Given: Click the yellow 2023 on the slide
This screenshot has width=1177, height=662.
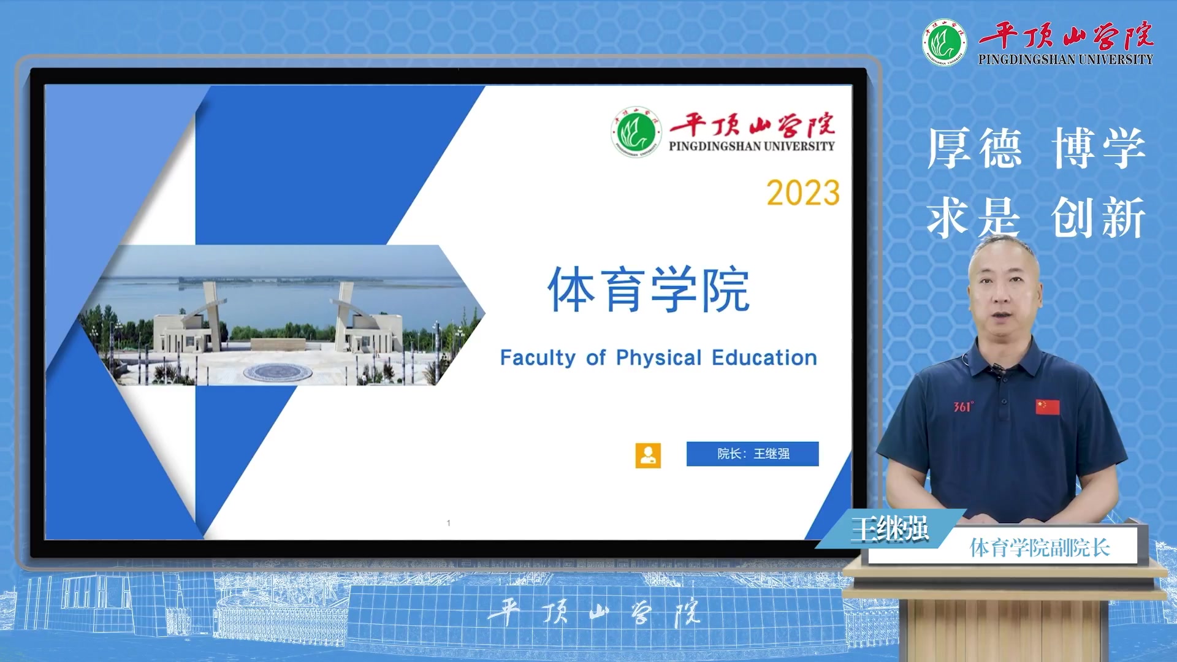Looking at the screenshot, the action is click(x=803, y=193).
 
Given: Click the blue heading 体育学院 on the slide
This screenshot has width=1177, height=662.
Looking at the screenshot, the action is click(x=649, y=289).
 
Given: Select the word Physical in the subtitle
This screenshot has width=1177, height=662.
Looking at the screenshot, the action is click(x=659, y=358).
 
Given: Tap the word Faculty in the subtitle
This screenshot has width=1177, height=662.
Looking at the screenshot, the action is click(x=538, y=358).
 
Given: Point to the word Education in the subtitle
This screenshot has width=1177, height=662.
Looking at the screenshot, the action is click(x=764, y=357).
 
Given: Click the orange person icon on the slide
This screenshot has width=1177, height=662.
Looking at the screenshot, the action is click(x=648, y=455).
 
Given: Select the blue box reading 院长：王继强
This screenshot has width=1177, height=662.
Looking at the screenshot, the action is click(x=753, y=454).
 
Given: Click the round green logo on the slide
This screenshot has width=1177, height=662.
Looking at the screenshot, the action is click(x=636, y=132).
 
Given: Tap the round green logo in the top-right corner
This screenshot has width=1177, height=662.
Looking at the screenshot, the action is click(x=945, y=42).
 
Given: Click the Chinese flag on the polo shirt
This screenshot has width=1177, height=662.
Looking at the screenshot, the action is click(x=1048, y=407).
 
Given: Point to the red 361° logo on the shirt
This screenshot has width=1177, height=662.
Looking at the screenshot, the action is click(x=963, y=407).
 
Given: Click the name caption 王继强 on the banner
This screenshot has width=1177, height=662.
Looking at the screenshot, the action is click(x=890, y=529).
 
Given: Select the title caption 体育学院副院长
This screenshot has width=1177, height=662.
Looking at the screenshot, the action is click(x=1040, y=547).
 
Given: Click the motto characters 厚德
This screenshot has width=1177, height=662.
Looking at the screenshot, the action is click(x=975, y=148).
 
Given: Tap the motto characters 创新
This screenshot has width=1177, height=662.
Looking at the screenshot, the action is click(x=1099, y=217).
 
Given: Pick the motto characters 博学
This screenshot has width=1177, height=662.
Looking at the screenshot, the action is click(x=1099, y=148).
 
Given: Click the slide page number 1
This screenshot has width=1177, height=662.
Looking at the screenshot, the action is click(x=449, y=523).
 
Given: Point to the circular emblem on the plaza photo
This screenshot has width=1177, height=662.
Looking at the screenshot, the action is click(x=278, y=371).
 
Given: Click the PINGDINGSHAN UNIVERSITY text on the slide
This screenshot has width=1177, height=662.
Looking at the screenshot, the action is click(x=752, y=146).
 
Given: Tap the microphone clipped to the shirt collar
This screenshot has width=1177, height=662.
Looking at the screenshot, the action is click(x=998, y=368).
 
